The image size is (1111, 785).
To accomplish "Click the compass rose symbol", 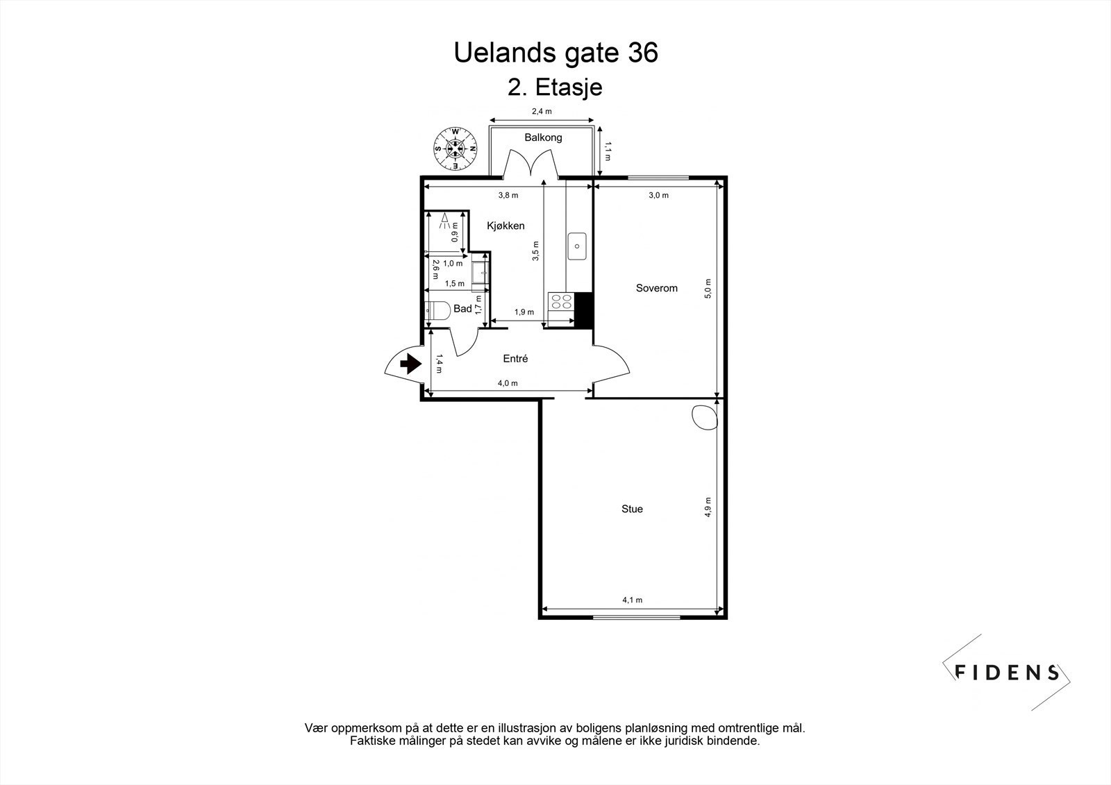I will pos(456,147).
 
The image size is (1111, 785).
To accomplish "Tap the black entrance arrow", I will pos(411,363).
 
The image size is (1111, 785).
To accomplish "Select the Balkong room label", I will pos(543,137).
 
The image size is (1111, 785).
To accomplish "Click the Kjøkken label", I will pos(506,226).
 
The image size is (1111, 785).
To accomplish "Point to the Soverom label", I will pos(656,288).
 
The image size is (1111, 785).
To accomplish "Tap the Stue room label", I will pos(632,509).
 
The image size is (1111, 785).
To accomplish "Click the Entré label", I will pos(515,359).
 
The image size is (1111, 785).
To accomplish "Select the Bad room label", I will pos(462,309).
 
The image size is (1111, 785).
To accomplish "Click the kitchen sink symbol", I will pos(577,246).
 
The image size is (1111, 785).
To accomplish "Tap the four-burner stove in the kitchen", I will pos(561,301).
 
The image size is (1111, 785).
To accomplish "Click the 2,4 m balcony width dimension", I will pos(542,111).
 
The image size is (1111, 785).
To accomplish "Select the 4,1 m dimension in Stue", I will pos(632,600).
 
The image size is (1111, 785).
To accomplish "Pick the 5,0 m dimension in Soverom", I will pos(708,288).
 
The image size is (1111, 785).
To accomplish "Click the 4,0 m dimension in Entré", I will pos(508,383).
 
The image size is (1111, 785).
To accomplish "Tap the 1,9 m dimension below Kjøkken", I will pos(524,312).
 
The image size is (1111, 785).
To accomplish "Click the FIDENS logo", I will pos(1007,672).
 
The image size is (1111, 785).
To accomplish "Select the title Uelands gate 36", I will pos(555,53).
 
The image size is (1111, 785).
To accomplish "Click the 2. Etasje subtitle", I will pos(555,88).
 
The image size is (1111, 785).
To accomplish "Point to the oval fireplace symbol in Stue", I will pos(705,417).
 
